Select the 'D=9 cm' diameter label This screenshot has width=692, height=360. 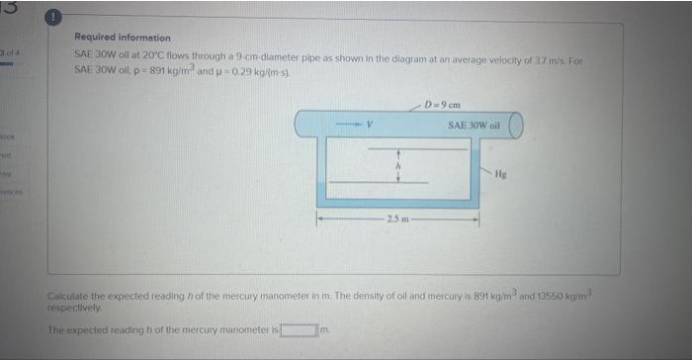[437, 104]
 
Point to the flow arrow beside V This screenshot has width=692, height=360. [349, 125]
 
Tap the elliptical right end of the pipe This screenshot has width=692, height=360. [514, 124]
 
